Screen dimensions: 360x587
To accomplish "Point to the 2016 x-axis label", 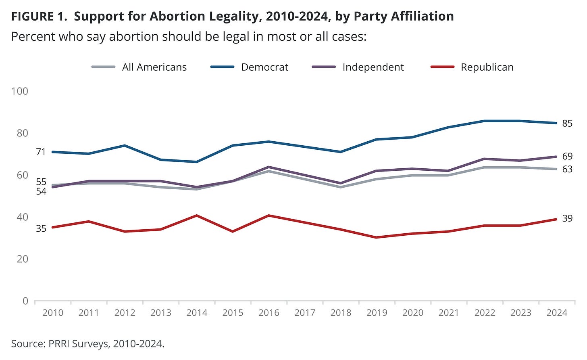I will pyautogui.click(x=269, y=313).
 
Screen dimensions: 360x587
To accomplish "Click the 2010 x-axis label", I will pyautogui.click(x=53, y=313).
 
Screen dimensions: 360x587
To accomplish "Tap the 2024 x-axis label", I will pyautogui.click(x=557, y=313).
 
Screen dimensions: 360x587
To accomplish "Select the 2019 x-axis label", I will pyautogui.click(x=377, y=313).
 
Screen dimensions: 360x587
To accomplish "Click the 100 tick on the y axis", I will pyautogui.click(x=20, y=91).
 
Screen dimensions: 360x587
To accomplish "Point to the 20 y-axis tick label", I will pyautogui.click(x=23, y=259).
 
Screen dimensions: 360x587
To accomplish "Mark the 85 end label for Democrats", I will pyautogui.click(x=567, y=123).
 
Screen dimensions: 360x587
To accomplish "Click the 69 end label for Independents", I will pyautogui.click(x=567, y=156).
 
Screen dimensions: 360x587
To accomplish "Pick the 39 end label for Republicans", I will pyautogui.click(x=567, y=218).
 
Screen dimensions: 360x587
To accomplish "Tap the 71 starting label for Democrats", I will pyautogui.click(x=41, y=152).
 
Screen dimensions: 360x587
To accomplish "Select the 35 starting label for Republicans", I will pyautogui.click(x=41, y=228).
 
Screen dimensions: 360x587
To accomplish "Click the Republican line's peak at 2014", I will pyautogui.click(x=197, y=216).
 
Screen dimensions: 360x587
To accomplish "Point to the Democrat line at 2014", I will pyautogui.click(x=197, y=162).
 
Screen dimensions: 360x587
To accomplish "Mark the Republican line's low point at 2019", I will pyautogui.click(x=377, y=237).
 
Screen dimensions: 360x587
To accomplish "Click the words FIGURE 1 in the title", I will pyautogui.click(x=39, y=17).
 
